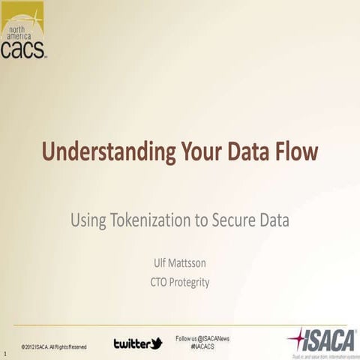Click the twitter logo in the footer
coord(138,343)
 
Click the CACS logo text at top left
coord(23,49)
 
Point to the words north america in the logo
coord(23,30)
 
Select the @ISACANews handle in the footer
coord(213,339)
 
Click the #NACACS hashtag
coord(203,347)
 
